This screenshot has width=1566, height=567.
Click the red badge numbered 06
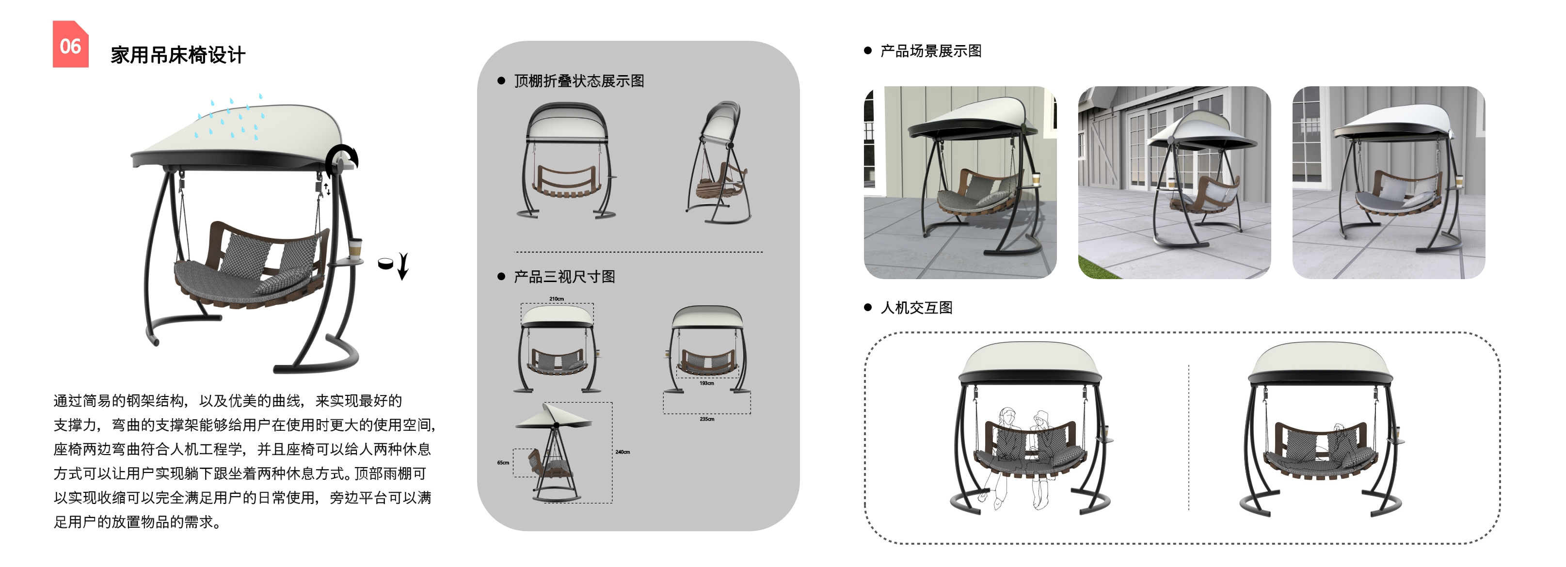[x=70, y=45]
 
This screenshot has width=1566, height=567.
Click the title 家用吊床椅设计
[x=177, y=55]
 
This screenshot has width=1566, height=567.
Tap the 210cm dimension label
[x=556, y=299]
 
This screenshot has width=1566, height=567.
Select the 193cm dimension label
[x=706, y=383]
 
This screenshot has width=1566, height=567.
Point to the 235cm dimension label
[x=706, y=419]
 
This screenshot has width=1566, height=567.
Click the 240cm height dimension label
[x=623, y=452]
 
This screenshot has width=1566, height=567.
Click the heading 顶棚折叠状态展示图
[x=579, y=81]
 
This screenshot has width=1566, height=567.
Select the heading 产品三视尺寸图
[x=564, y=277]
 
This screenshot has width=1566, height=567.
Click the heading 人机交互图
[x=916, y=308]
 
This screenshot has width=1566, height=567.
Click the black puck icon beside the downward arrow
[x=385, y=264]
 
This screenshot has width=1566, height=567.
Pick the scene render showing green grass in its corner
[x=1174, y=182]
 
